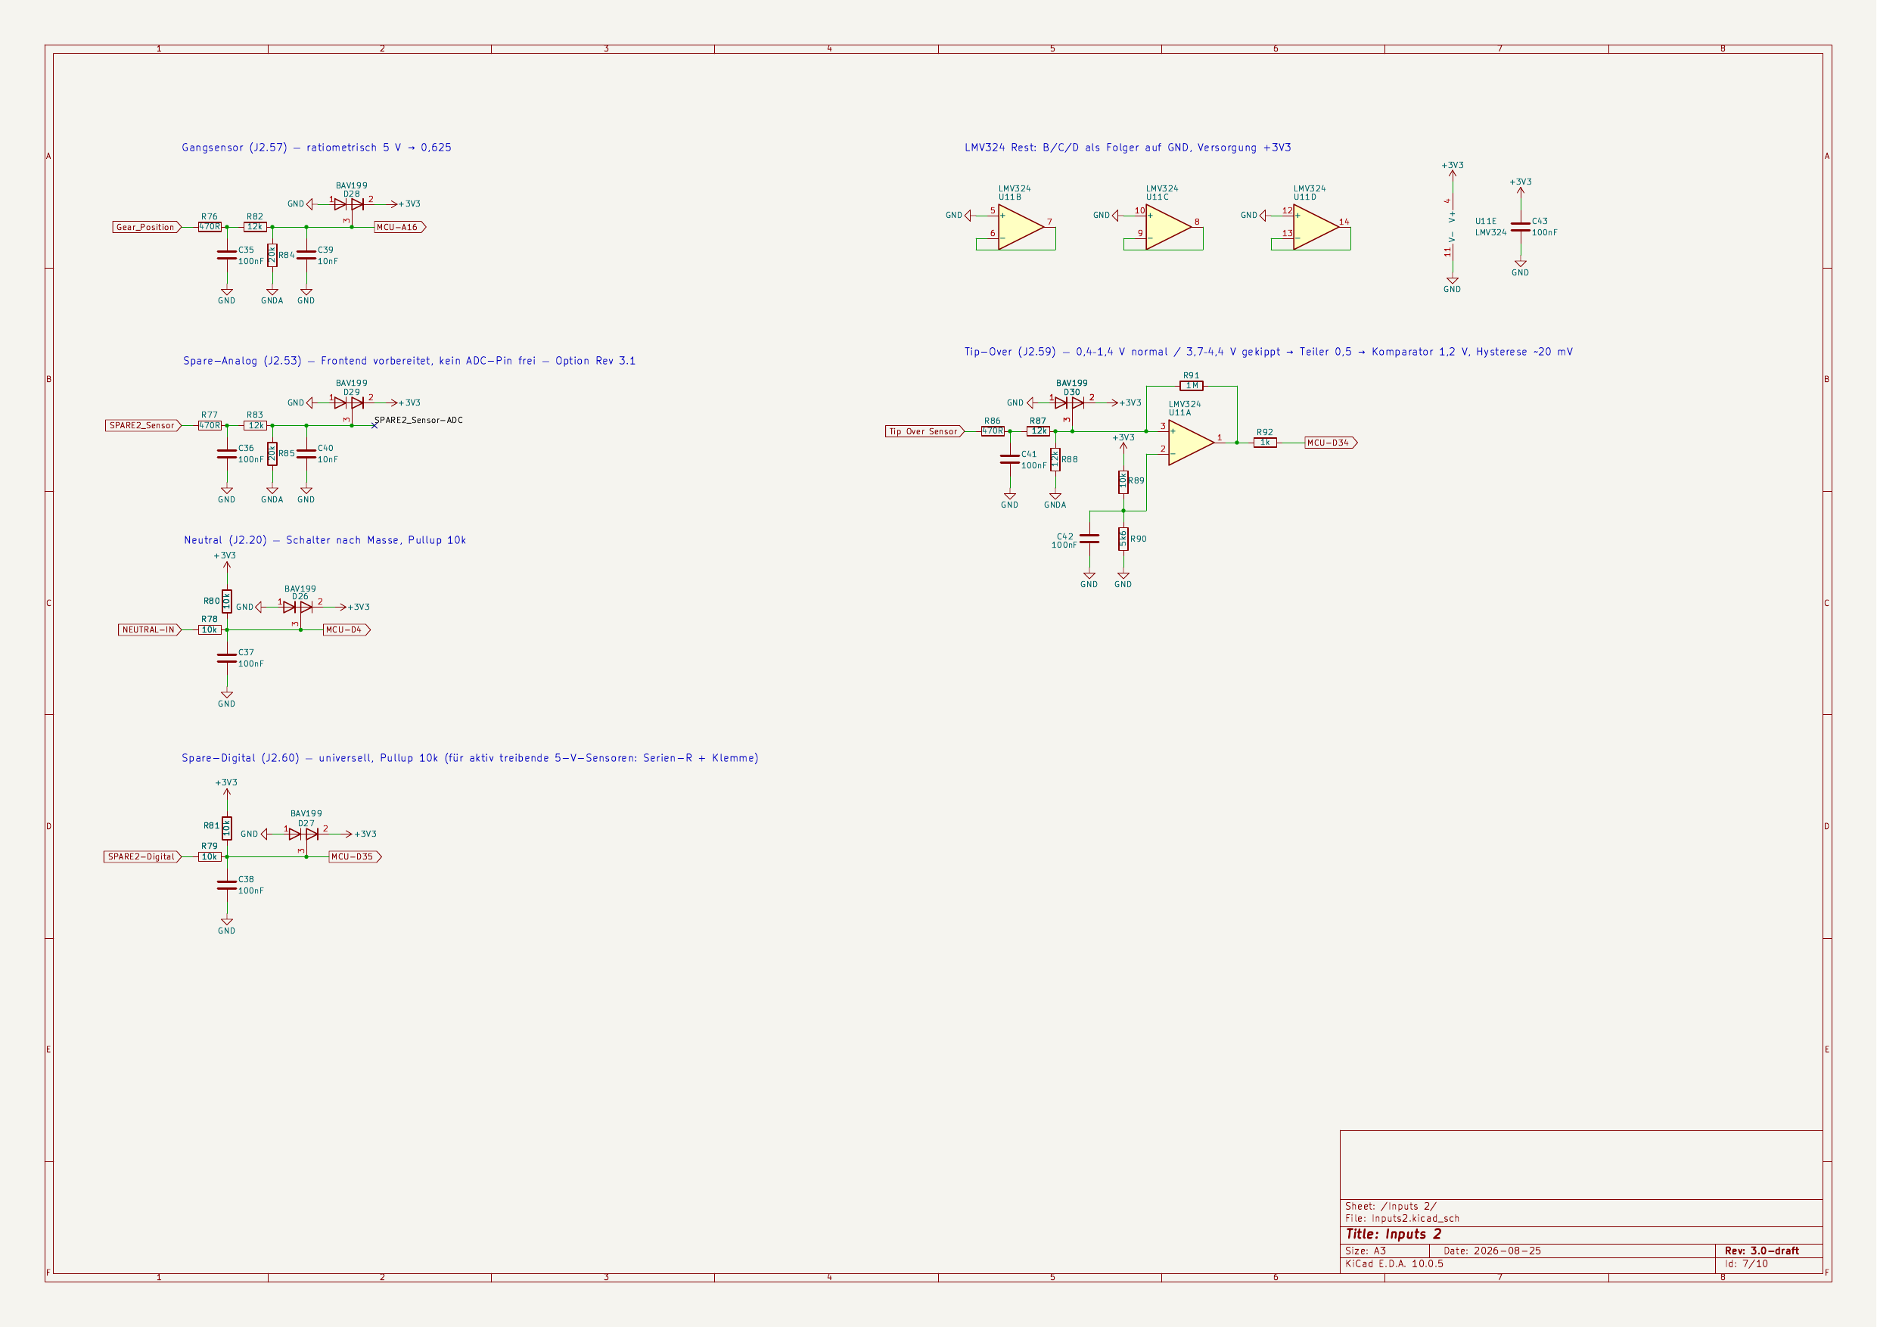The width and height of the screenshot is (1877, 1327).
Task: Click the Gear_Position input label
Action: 146,227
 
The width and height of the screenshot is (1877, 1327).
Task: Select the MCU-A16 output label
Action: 399,227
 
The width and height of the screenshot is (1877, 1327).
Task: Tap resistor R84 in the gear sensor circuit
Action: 272,255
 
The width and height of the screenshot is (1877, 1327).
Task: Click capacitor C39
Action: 306,255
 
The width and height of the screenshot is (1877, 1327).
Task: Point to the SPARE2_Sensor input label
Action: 143,425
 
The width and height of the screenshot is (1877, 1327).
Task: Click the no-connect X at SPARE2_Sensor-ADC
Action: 374,425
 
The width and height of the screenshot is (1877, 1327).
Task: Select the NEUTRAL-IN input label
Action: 150,629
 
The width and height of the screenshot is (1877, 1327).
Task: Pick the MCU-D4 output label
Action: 346,629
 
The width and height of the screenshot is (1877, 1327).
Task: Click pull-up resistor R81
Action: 226,828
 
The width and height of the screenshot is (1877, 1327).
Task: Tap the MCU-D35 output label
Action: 355,857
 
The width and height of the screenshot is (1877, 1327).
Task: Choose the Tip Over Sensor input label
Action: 925,431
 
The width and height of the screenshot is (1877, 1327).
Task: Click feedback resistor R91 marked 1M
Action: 1191,386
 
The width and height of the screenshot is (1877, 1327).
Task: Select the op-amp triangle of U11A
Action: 1190,443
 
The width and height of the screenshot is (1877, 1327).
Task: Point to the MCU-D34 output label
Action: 1330,443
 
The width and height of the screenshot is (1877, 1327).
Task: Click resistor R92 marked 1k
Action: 1265,443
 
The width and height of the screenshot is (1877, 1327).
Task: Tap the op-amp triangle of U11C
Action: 1167,226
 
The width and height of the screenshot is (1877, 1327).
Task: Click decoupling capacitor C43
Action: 1521,226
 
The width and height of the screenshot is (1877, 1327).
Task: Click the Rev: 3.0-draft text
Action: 1762,1251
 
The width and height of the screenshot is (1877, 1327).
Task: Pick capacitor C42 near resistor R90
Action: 1089,539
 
